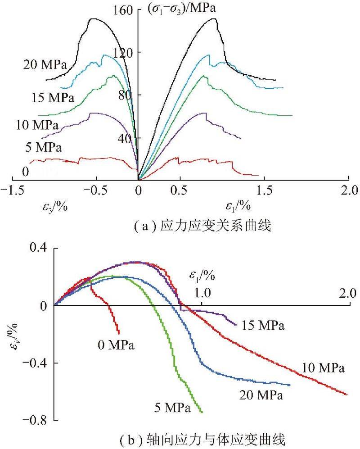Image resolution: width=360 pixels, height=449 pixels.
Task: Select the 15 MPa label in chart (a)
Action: (x=53, y=97)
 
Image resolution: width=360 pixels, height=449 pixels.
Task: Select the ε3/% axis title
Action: (x=54, y=207)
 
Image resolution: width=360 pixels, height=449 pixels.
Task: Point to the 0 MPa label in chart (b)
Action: (x=116, y=345)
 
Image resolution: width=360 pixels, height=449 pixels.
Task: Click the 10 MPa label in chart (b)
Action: (x=323, y=368)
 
